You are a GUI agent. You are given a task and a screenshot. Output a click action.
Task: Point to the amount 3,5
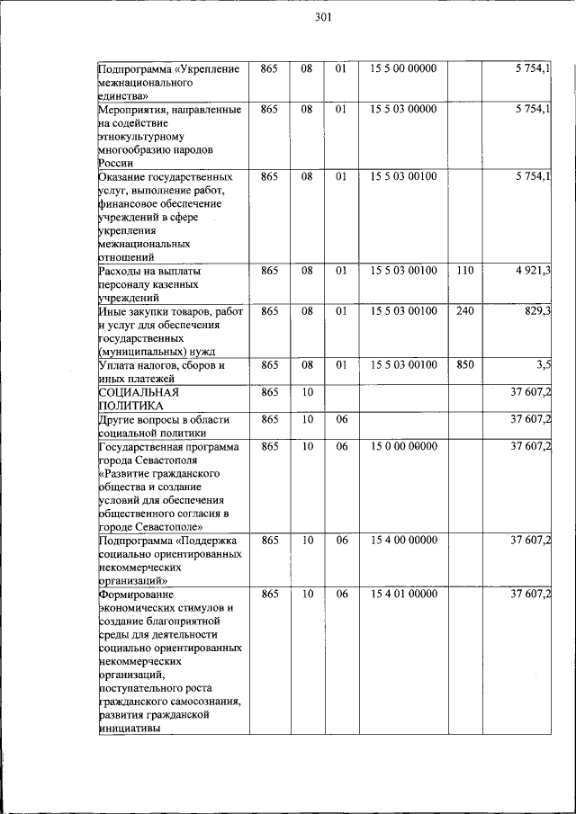[x=544, y=364]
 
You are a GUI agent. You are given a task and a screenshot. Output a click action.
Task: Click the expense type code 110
[x=464, y=271]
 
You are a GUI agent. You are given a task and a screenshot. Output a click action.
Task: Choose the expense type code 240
[x=464, y=310]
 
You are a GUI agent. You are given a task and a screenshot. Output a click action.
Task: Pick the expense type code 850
[x=464, y=364]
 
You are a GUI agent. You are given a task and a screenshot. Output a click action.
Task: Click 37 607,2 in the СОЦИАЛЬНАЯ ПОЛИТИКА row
[x=530, y=392]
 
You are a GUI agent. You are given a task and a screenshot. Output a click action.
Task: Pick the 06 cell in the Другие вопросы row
[x=342, y=419]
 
